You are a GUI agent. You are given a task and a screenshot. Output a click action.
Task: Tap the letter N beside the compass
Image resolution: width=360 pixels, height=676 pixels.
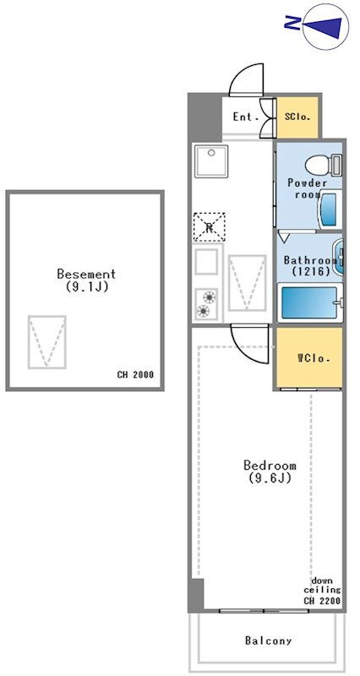coord(292,23)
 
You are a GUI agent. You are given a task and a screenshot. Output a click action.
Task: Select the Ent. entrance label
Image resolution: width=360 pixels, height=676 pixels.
coord(245,117)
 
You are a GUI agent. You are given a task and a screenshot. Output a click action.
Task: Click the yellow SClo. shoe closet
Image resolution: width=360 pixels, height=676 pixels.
coord(297,117)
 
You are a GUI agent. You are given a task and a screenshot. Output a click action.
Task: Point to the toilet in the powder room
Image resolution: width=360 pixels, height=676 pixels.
coord(324,165)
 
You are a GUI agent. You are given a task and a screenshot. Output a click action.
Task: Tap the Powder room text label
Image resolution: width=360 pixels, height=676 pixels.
coord(307,188)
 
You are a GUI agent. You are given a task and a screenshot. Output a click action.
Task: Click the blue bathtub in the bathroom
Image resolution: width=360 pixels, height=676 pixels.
coord(309,303)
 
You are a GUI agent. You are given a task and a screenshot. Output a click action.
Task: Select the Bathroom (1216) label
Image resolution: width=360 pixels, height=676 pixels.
coord(310,266)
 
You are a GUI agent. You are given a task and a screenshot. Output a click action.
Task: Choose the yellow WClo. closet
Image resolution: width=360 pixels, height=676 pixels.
coord(309,357)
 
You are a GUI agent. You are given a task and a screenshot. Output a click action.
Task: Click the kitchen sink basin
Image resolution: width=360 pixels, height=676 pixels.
coord(210,161)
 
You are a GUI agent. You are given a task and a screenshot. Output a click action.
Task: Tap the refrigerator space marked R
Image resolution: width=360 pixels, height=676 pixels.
coord(209,226)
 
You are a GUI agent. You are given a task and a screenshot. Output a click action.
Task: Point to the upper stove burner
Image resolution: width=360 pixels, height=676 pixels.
coord(209,297)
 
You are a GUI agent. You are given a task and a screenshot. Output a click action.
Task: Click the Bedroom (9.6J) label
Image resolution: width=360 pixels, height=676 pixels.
coord(270,472)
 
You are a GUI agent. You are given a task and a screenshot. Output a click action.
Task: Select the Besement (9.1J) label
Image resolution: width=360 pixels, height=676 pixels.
coord(86,281)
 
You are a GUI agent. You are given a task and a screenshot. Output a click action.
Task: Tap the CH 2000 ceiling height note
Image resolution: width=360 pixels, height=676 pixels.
coord(135,374)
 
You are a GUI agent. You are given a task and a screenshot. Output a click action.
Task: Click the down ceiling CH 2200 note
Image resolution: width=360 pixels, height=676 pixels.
coord(323,590)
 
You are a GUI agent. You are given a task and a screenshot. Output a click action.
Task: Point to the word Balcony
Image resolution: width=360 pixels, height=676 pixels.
coord(268,641)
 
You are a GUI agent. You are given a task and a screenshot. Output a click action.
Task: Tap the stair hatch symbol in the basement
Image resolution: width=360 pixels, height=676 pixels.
coord(47,342)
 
